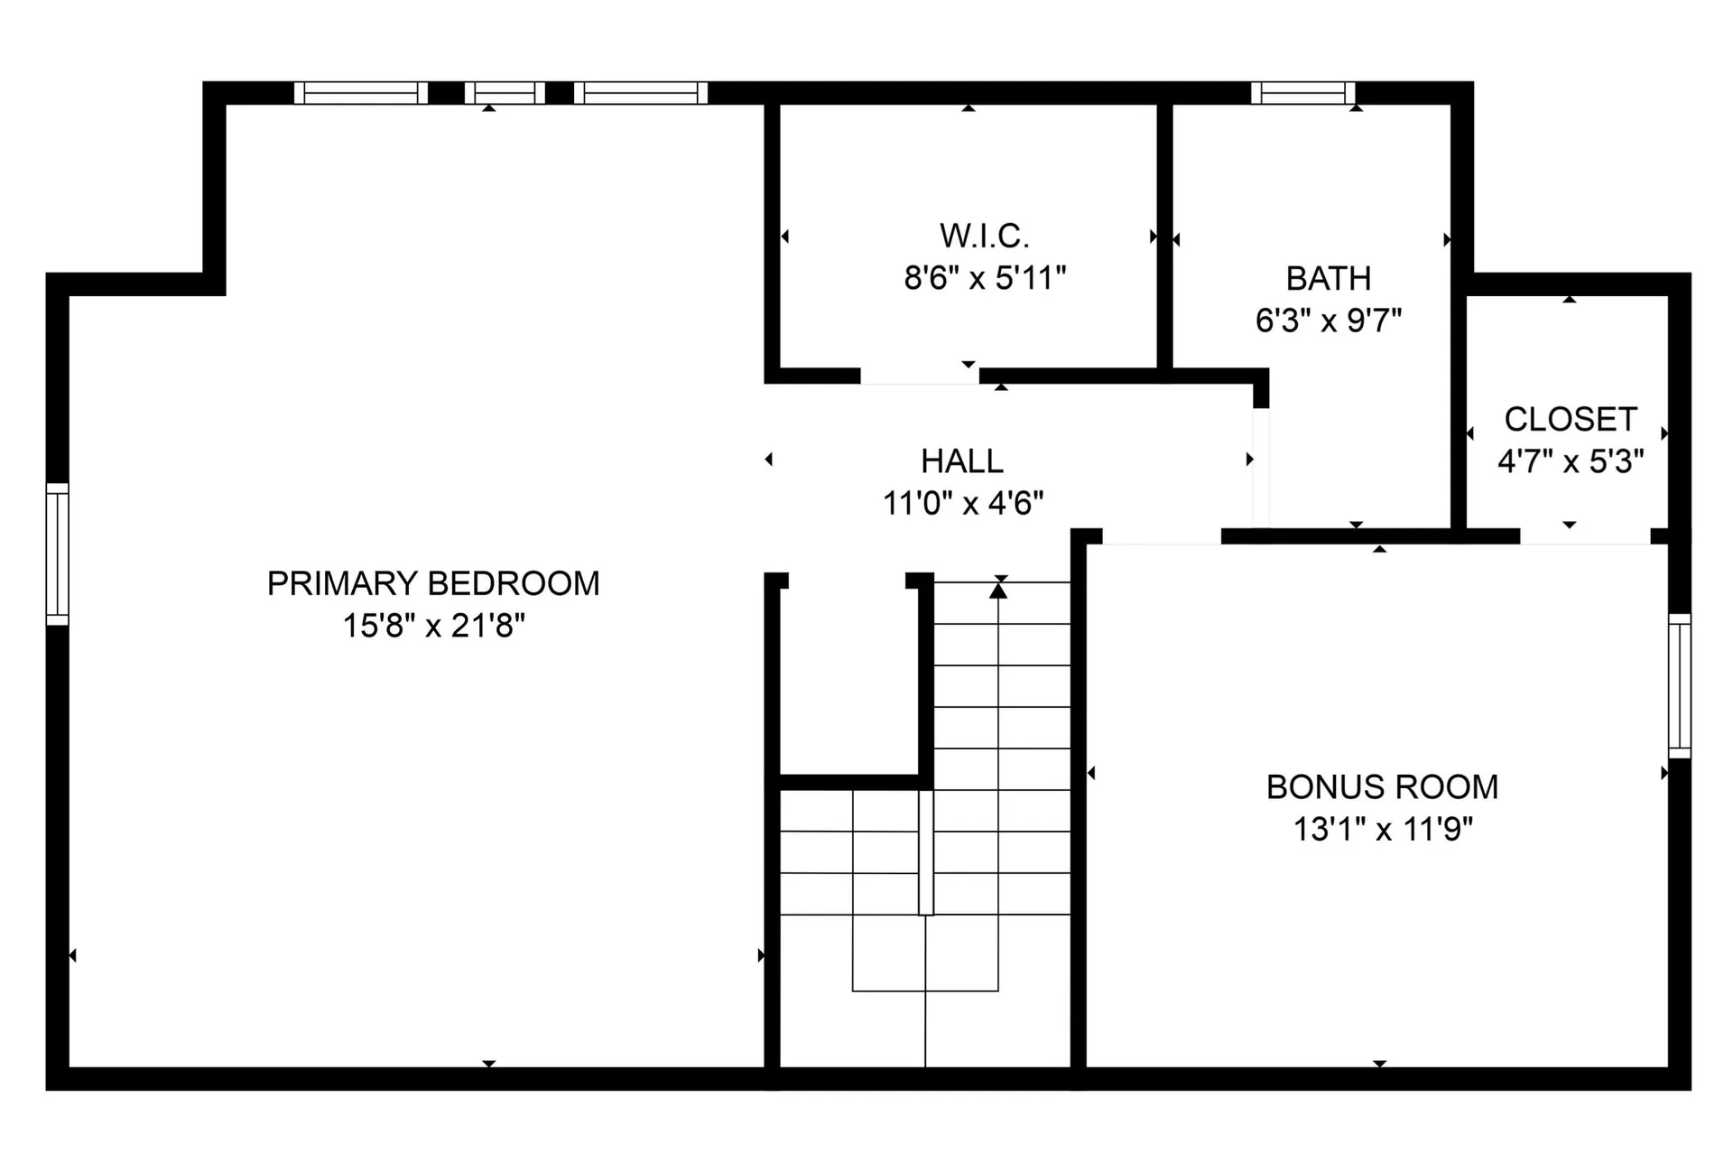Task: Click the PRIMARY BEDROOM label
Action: click(x=433, y=583)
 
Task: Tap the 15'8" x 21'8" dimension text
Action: click(x=433, y=625)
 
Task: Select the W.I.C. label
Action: click(x=985, y=236)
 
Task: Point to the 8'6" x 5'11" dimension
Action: click(x=985, y=277)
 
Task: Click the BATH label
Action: click(x=1329, y=278)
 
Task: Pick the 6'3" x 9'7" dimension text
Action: click(x=1329, y=320)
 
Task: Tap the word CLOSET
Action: click(x=1571, y=419)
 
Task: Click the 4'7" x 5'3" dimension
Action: click(x=1571, y=461)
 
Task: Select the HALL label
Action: click(x=962, y=461)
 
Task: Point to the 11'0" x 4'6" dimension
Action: click(x=963, y=503)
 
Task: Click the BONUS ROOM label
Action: click(x=1382, y=787)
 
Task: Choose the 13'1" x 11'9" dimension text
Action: click(x=1383, y=829)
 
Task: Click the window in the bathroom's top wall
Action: click(x=1303, y=93)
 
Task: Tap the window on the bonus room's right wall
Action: click(x=1679, y=686)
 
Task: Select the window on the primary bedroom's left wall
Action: click(x=58, y=554)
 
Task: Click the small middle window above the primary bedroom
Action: click(x=505, y=93)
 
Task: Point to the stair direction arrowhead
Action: click(x=997, y=590)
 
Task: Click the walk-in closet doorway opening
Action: click(x=920, y=377)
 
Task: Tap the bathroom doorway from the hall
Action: click(x=1261, y=468)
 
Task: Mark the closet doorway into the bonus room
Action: click(x=1586, y=536)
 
